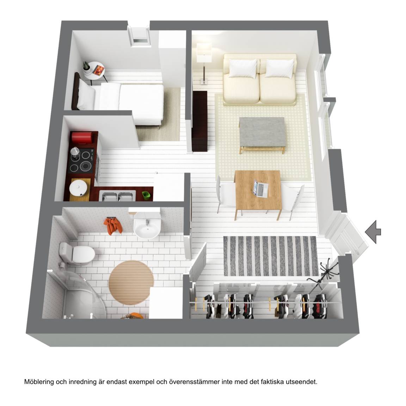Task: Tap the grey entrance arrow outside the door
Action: pyautogui.click(x=373, y=232)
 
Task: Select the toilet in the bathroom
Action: pyautogui.click(x=76, y=253)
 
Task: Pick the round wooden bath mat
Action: pyautogui.click(x=131, y=283)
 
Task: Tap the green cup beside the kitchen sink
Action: pyautogui.click(x=146, y=196)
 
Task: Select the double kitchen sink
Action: pyautogui.click(x=117, y=196)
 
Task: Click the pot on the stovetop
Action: pyautogui.click(x=75, y=152)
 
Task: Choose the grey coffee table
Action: pyautogui.click(x=263, y=135)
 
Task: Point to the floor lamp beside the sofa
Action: pyautogui.click(x=204, y=63)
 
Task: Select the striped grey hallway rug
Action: pyautogui.click(x=271, y=256)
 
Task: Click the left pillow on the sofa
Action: pyautogui.click(x=242, y=68)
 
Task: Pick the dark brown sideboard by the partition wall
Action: pyautogui.click(x=199, y=121)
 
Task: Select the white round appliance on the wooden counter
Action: pyautogui.click(x=78, y=188)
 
